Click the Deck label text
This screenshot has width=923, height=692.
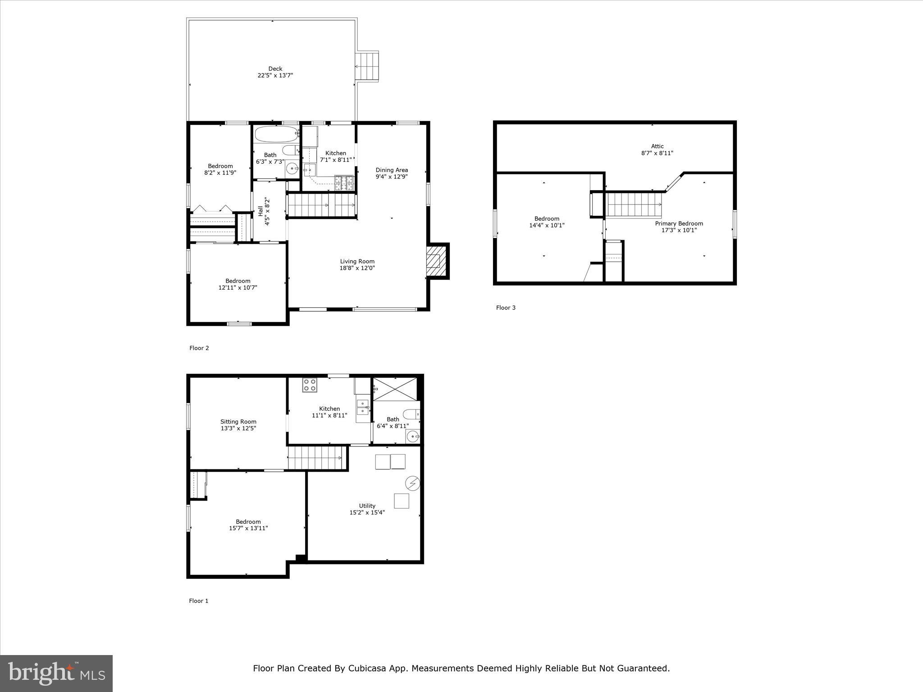coord(275,69)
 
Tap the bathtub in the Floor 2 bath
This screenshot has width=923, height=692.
coord(276,133)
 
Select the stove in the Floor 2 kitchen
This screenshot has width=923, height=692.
coord(344,183)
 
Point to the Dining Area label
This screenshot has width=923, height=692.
coord(392,170)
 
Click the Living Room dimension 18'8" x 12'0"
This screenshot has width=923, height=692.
coord(357,268)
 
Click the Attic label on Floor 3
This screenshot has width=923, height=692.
coord(657,146)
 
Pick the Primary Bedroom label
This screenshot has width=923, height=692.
coord(679,223)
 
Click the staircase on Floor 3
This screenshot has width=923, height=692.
coord(634,204)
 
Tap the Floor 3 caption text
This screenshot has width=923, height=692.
coord(506,308)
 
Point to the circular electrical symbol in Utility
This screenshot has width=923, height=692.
coord(413,483)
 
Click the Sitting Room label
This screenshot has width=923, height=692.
coord(238,422)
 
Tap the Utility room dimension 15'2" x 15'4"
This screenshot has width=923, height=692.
coord(367,512)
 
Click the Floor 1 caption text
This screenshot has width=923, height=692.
coord(199,601)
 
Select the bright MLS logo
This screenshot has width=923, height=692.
coord(56,673)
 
